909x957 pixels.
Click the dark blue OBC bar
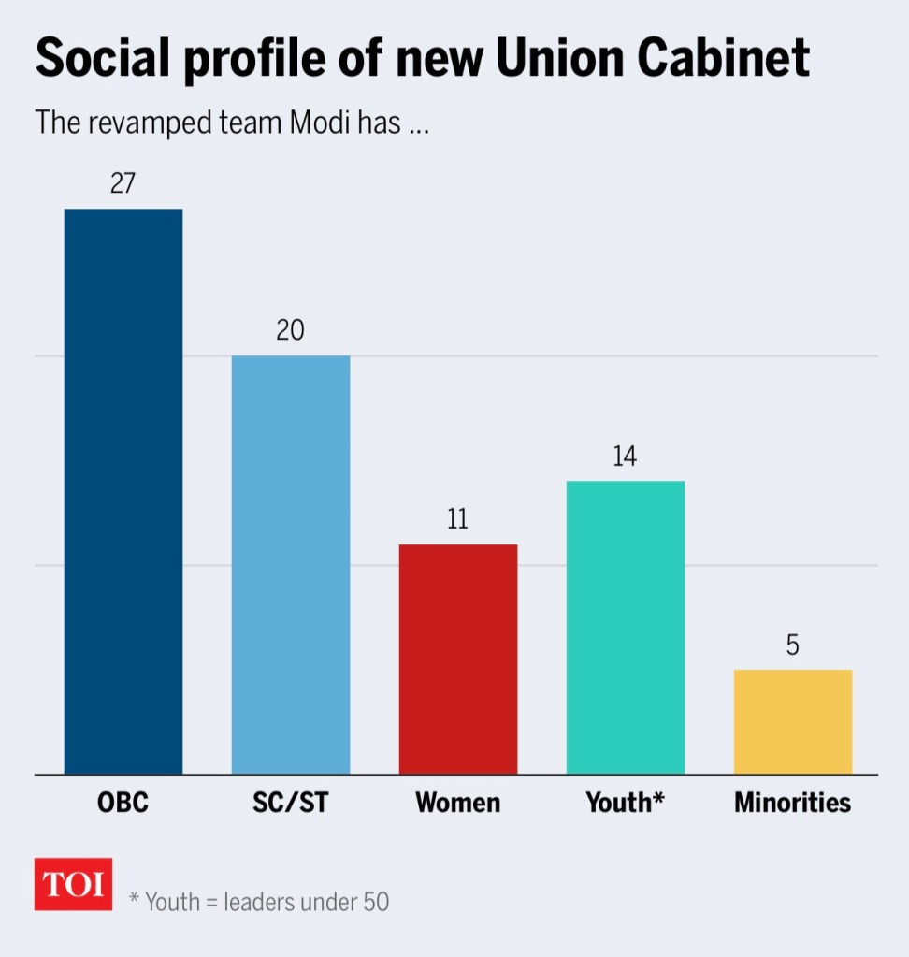123,491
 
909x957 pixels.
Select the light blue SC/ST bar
290,565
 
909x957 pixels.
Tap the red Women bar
457,660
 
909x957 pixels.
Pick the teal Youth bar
625,628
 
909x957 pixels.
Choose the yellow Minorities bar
792,722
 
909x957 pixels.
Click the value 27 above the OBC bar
123,183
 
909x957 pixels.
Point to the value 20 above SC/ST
290,330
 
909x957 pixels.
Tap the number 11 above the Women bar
457,519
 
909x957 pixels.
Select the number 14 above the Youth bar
625,457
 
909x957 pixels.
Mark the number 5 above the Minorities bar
792,645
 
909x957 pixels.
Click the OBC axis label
123,803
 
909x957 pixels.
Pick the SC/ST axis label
290,803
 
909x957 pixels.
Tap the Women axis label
457,803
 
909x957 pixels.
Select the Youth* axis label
625,803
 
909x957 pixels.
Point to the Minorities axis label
792,803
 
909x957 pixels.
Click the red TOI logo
73,884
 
